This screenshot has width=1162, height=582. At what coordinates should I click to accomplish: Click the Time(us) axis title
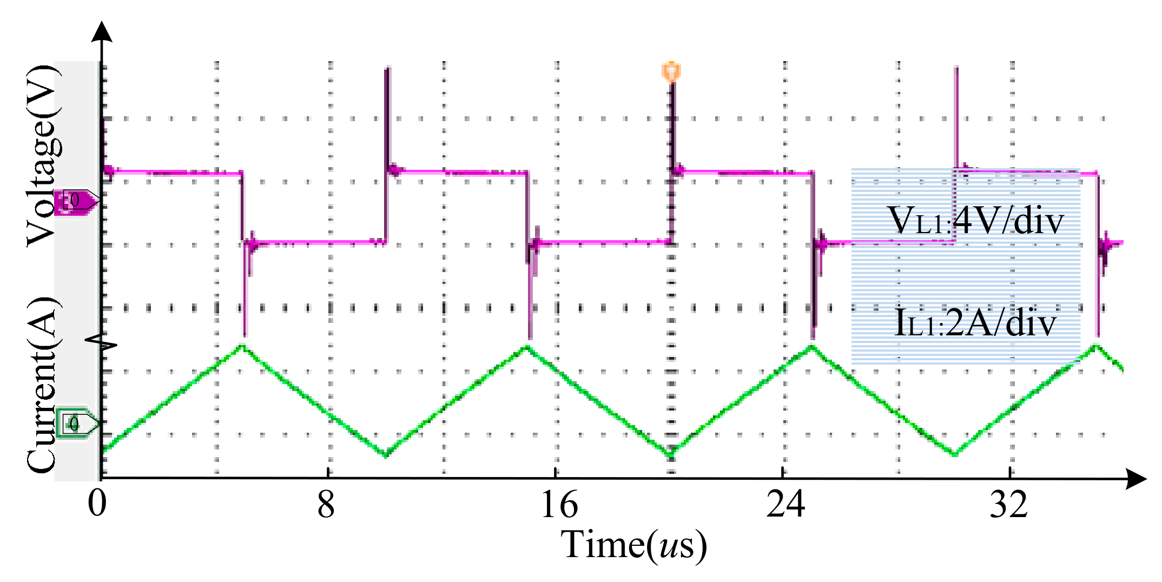pos(633,545)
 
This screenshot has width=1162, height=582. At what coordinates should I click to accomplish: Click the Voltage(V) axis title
pos(42,156)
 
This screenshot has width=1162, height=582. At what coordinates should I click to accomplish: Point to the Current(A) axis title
pos(42,385)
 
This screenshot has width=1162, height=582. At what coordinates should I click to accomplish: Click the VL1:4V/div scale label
pos(975,221)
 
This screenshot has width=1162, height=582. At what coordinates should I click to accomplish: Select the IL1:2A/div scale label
pos(975,323)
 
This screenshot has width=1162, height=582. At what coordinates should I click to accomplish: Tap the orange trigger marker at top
pos(671,71)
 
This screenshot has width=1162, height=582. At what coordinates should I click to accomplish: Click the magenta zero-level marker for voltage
pos(76,201)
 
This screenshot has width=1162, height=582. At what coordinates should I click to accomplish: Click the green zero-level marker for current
pos(76,423)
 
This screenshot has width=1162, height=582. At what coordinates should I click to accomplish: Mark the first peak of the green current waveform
pos(243,346)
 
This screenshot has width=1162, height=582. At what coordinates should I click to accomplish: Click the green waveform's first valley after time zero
pos(386,455)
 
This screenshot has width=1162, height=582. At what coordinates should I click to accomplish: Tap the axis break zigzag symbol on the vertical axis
pos(102,343)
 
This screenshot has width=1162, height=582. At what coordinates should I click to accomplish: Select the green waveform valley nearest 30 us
pos(955,454)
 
